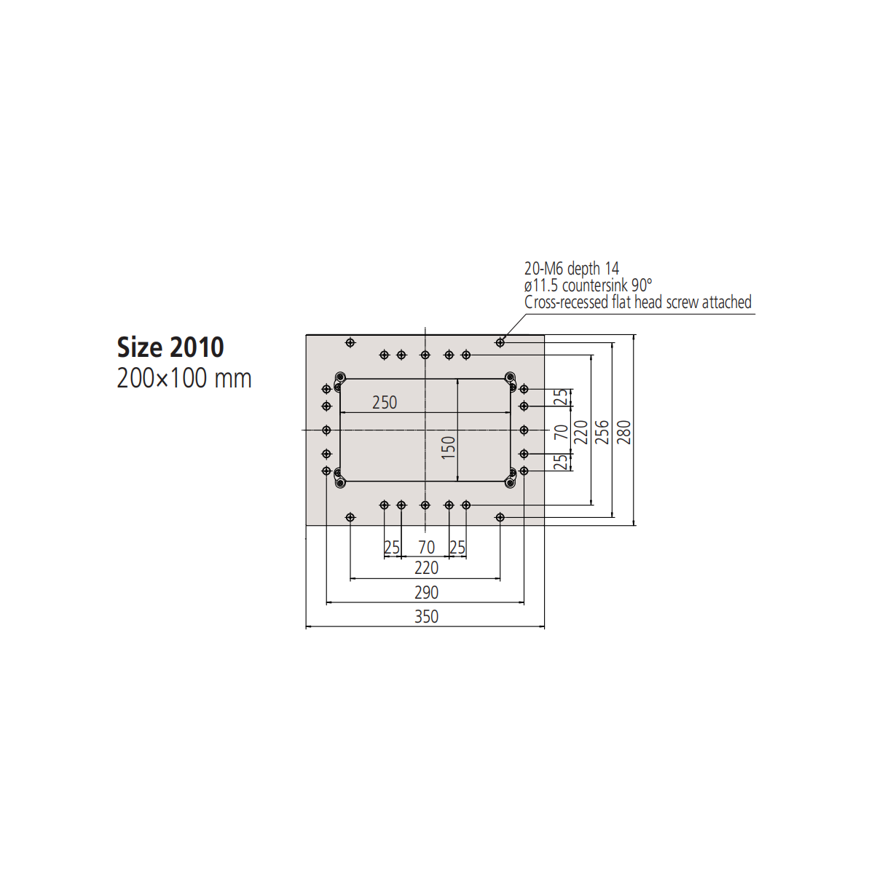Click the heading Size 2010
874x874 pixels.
tap(170, 347)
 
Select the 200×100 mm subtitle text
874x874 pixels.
tap(184, 378)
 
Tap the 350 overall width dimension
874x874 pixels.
tap(426, 617)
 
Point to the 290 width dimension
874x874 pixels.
tap(426, 593)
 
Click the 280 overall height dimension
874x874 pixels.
tap(624, 432)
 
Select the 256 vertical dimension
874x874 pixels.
tap(602, 432)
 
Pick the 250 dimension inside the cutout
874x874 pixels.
tap(385, 403)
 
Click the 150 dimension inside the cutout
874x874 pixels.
tap(448, 447)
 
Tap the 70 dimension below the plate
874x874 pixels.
tap(426, 548)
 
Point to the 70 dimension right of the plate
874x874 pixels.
tap(561, 432)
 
